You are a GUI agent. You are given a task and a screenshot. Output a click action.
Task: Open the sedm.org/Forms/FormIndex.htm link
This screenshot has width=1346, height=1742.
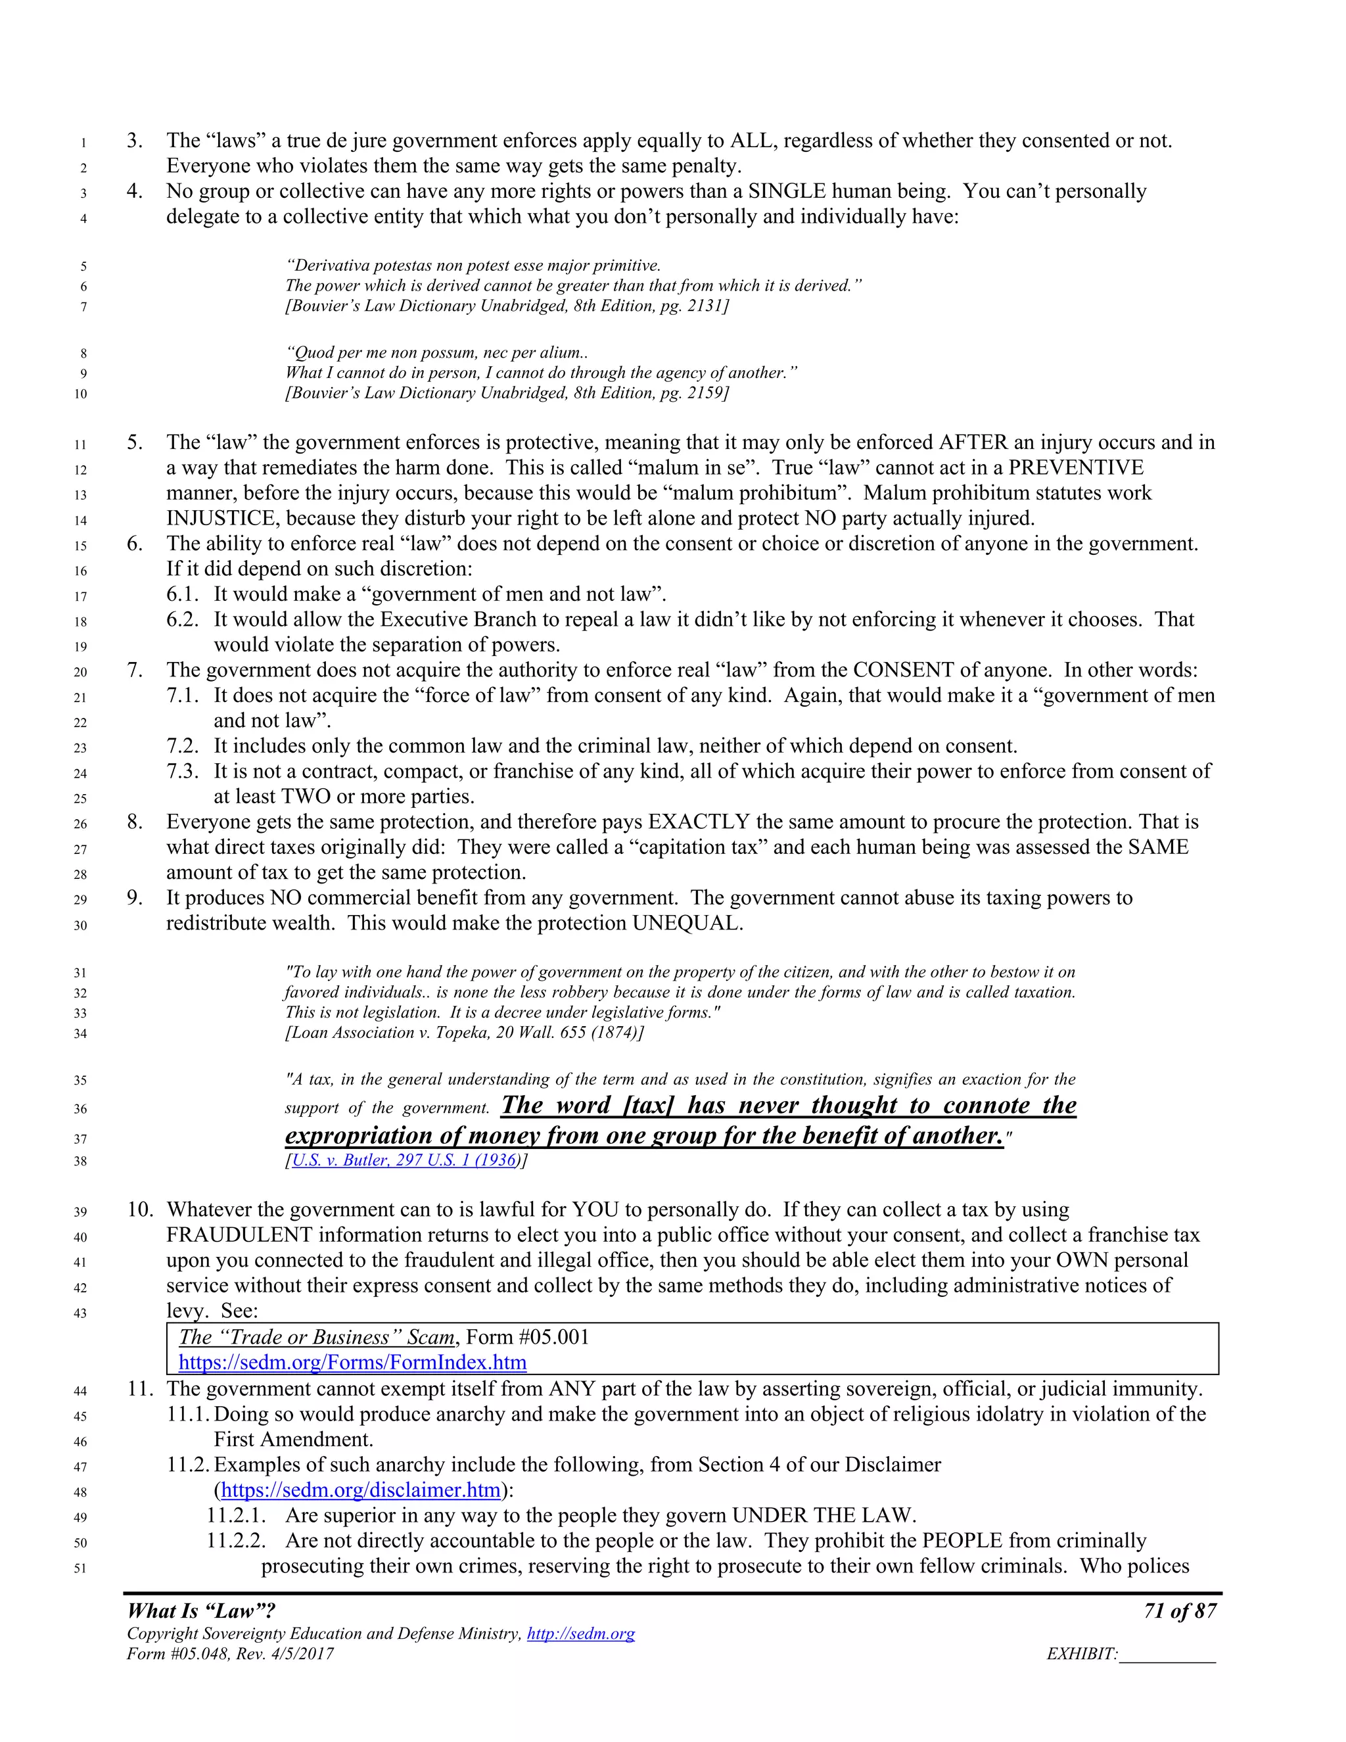[352, 1361]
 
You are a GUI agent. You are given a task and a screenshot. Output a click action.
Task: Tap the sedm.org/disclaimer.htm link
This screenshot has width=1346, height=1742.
[360, 1490]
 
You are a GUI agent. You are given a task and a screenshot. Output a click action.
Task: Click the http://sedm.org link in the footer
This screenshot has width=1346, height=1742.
[580, 1634]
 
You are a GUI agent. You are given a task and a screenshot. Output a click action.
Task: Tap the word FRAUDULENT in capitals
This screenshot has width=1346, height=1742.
[239, 1235]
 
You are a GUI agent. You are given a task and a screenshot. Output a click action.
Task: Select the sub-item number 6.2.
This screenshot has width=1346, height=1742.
[182, 620]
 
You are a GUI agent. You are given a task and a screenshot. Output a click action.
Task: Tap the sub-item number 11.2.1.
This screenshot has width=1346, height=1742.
[236, 1515]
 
